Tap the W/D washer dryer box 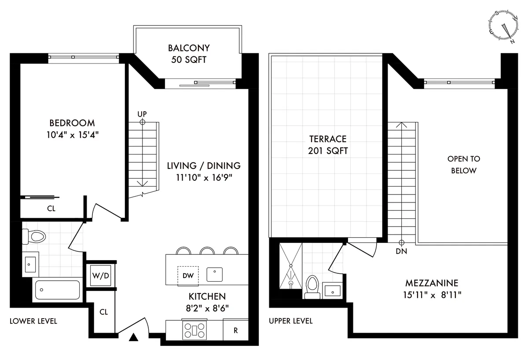point(101,276)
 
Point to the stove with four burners point(194,330)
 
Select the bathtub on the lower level point(57,290)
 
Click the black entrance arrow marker point(133,338)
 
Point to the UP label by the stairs point(142,114)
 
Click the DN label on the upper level point(401,252)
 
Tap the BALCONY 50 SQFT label point(189,53)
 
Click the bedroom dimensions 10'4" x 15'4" point(72,135)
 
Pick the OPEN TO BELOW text point(463,165)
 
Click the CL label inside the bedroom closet point(51,209)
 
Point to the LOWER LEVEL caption point(33,321)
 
